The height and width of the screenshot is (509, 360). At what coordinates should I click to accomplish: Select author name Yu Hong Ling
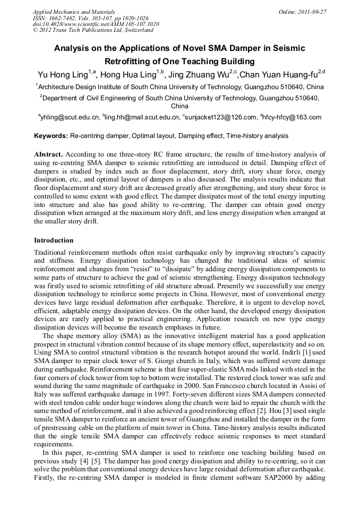click(62, 74)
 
